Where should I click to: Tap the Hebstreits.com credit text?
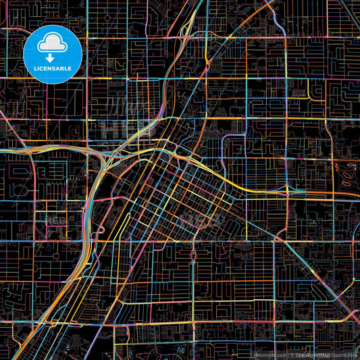pos(269,355)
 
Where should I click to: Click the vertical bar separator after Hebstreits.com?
pos(288,355)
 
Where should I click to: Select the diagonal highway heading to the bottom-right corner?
pos(324,284)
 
